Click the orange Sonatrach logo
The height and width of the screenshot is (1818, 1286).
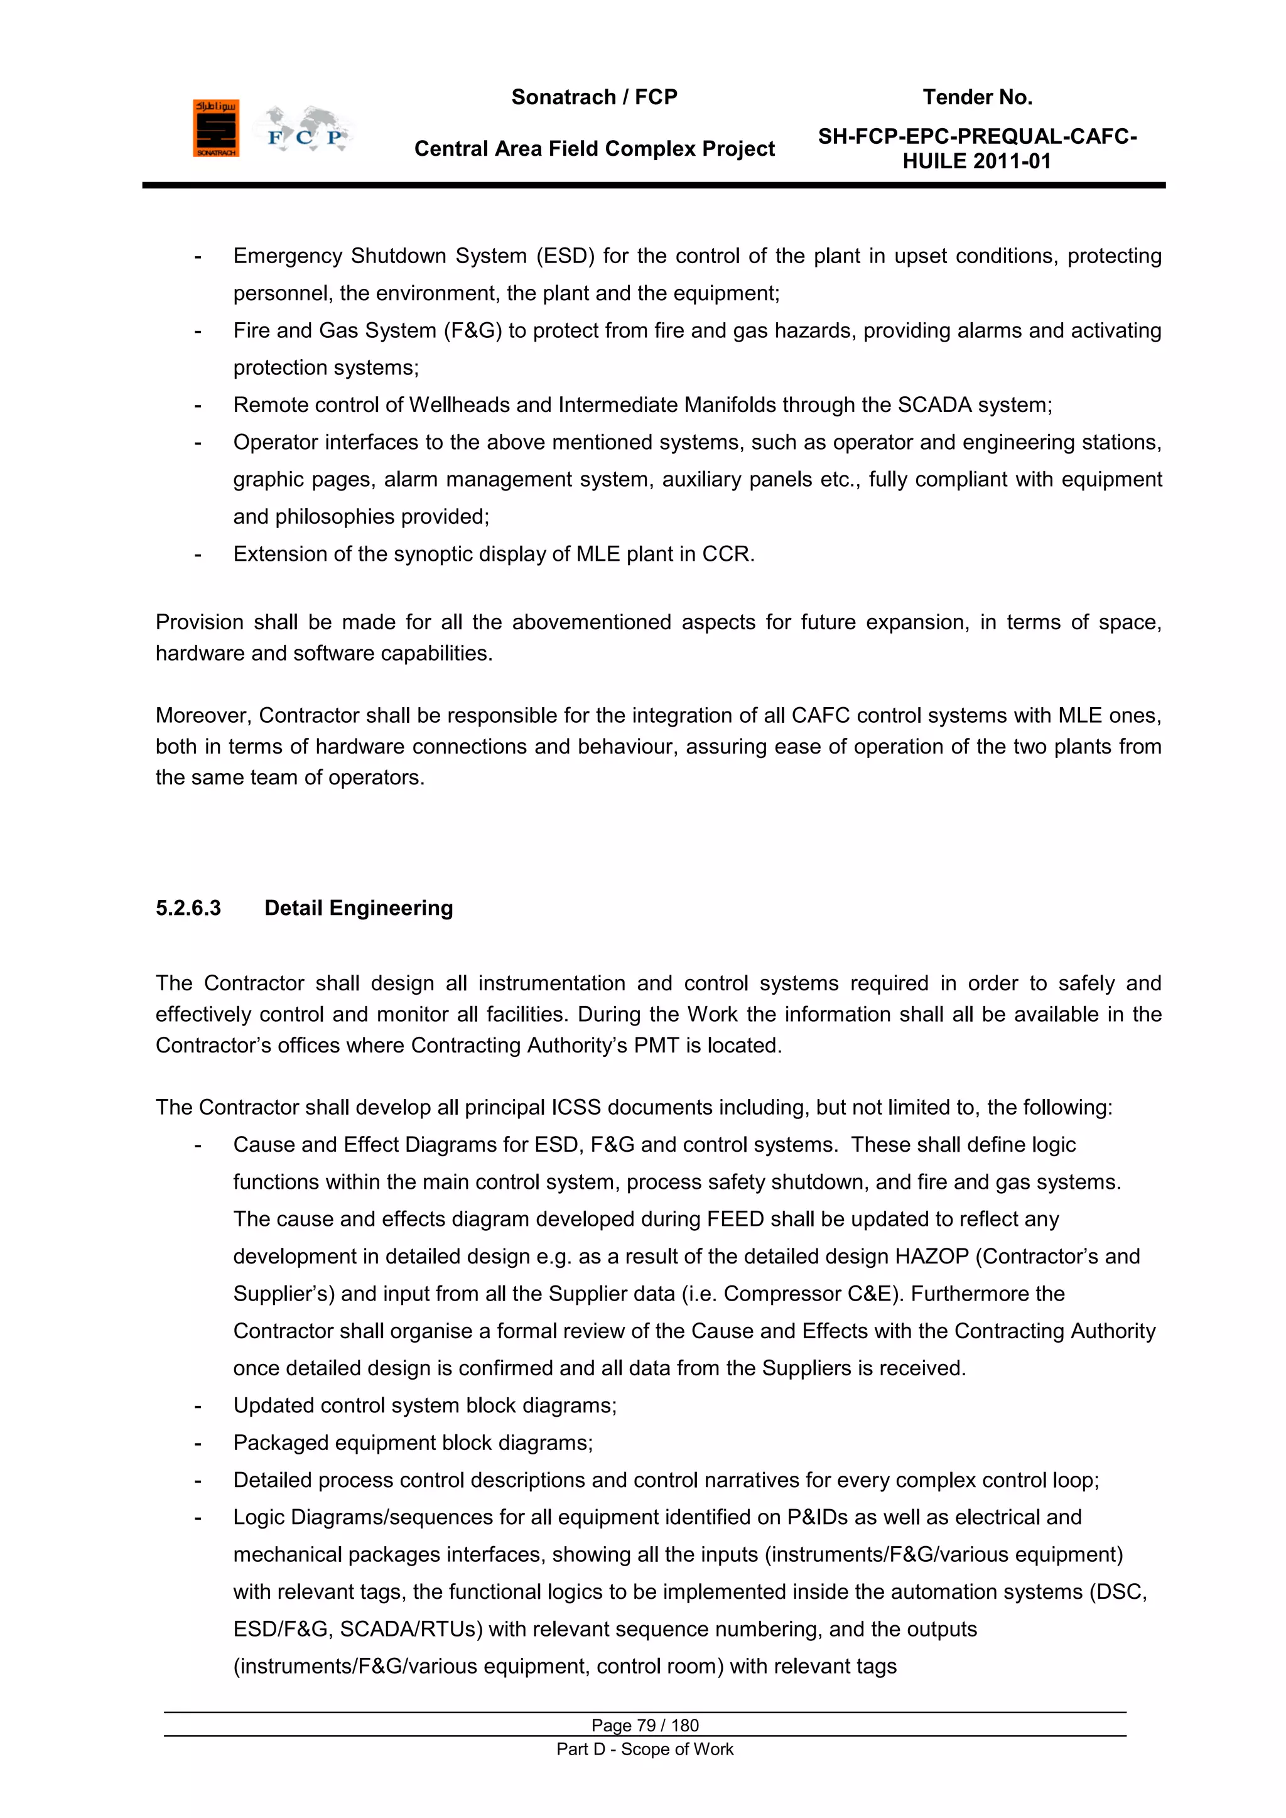[x=215, y=128]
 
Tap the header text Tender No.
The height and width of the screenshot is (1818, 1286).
[x=977, y=97]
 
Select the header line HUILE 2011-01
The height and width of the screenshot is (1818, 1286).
[x=976, y=161]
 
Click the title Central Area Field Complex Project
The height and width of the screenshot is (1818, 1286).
[x=594, y=149]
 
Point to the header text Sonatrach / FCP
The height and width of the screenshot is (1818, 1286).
[x=594, y=97]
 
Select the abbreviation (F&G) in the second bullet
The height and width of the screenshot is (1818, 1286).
[x=473, y=331]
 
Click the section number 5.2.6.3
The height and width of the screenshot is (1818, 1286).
[x=188, y=908]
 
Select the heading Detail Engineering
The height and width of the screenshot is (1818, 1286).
[x=359, y=908]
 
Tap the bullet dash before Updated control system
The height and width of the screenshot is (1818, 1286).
[x=198, y=1406]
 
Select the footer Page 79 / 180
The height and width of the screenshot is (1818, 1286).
[x=645, y=1725]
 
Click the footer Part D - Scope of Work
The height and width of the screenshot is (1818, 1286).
[x=645, y=1749]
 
